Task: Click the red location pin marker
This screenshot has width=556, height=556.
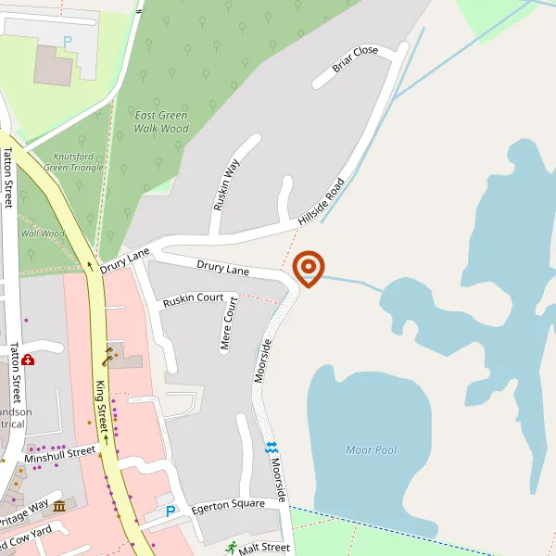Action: point(308,269)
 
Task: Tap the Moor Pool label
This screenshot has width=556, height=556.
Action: point(371,450)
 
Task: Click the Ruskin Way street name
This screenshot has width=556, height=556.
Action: point(226,184)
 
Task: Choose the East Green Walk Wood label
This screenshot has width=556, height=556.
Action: point(161,121)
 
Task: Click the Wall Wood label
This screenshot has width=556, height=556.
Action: point(43,234)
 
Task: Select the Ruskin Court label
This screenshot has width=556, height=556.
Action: point(193,300)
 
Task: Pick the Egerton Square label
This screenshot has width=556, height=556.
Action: point(227,507)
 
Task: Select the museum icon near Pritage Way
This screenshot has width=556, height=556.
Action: point(60,506)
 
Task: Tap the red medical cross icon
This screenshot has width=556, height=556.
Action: point(29,360)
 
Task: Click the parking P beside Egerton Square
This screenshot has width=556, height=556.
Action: point(170,512)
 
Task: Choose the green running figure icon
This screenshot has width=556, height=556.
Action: point(230,547)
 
